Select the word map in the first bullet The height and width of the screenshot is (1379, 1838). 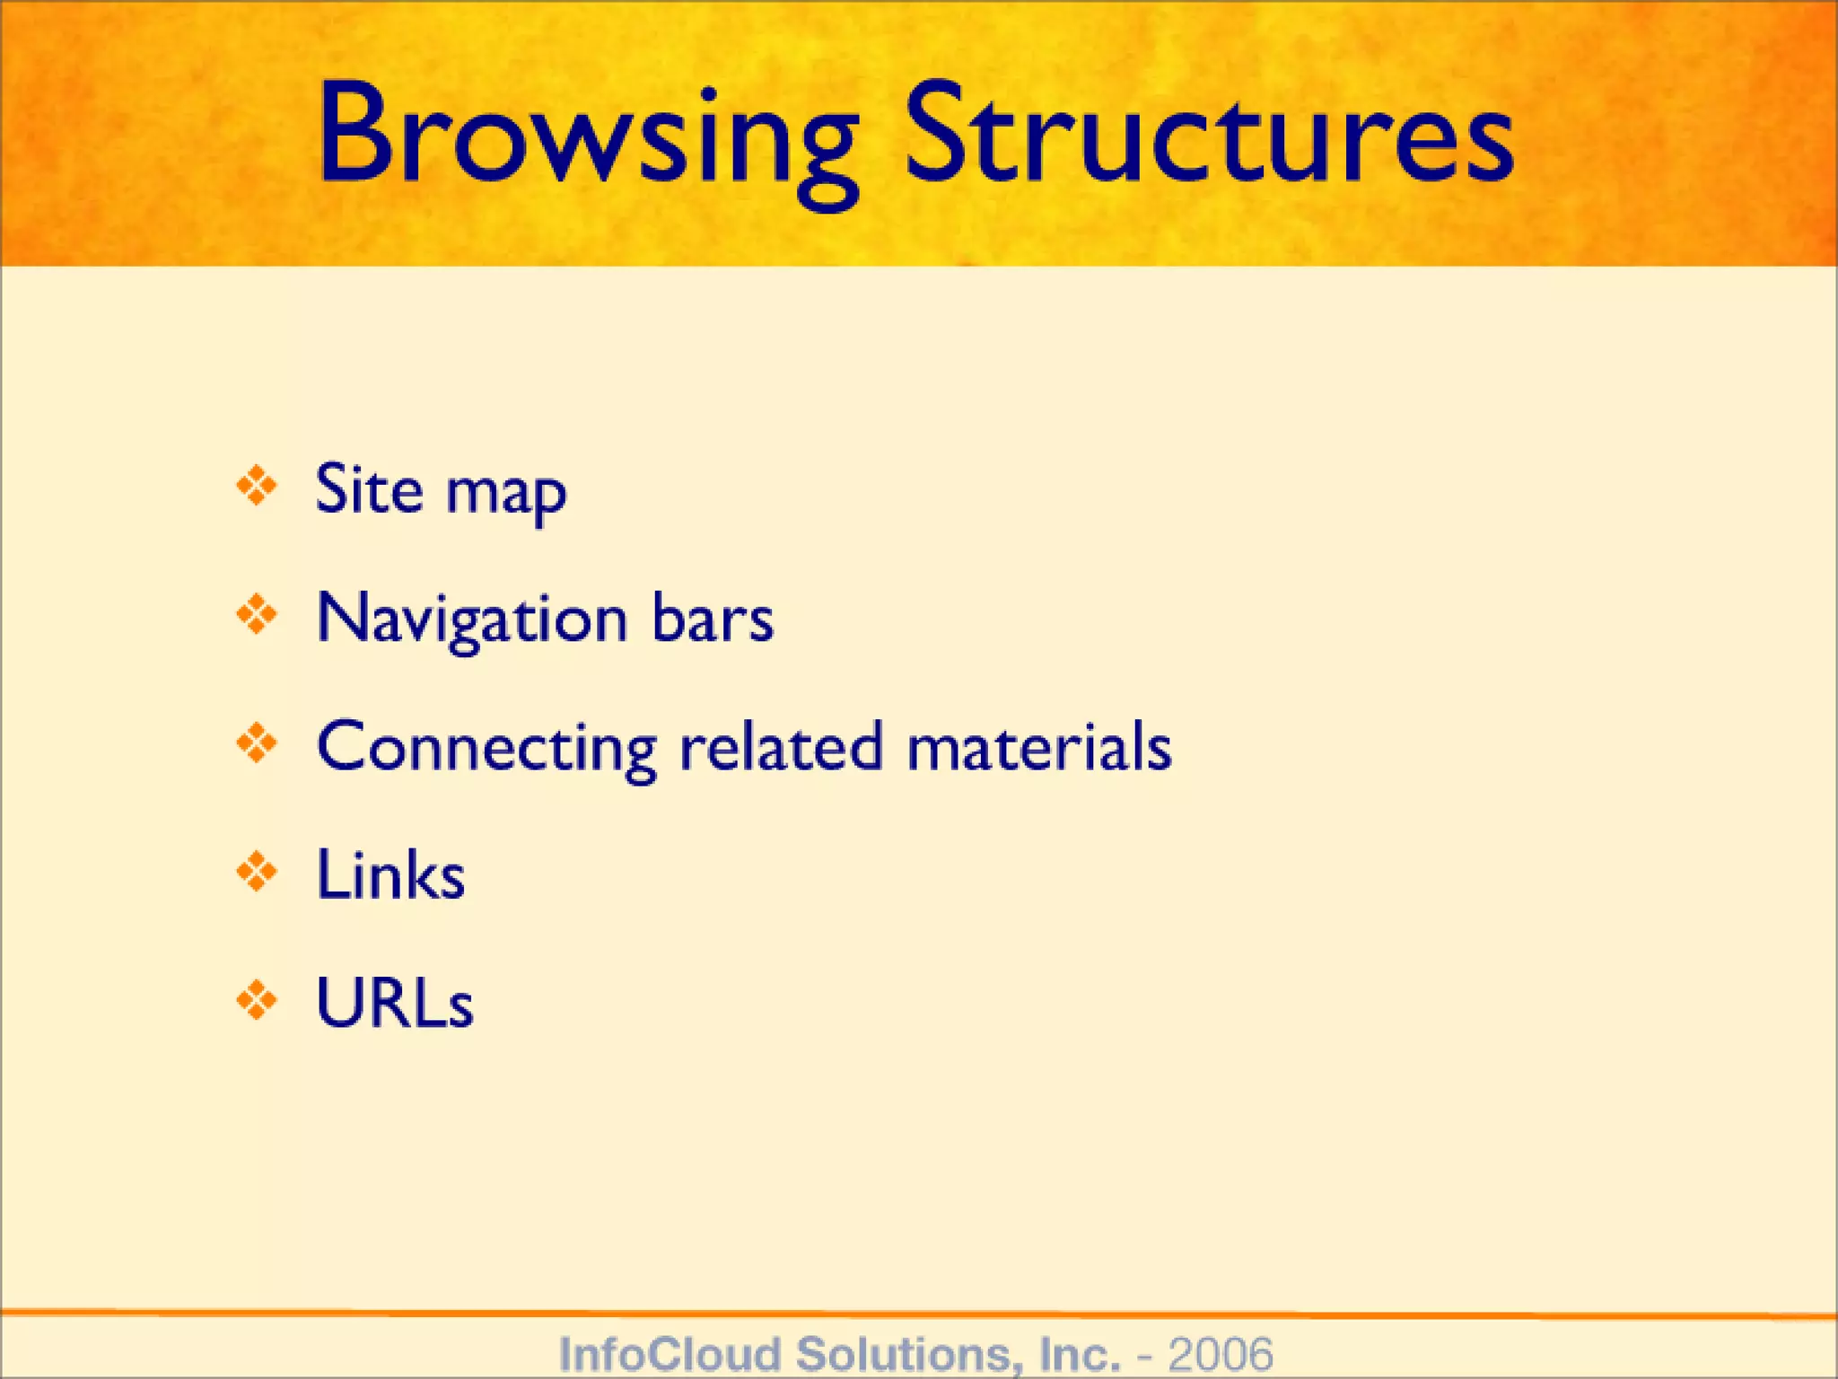506,496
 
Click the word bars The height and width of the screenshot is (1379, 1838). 713,619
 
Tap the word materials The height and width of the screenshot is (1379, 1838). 1039,747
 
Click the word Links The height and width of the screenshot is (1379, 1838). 391,874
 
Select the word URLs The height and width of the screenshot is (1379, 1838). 395,1003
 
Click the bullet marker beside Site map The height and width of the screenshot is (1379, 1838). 257,486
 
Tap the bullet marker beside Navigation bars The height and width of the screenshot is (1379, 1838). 257,615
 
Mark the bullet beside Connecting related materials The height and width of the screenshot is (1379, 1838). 257,743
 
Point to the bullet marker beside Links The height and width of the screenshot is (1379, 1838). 257,872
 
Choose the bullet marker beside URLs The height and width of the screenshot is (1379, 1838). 257,1000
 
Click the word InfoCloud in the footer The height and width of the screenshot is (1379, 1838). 670,1353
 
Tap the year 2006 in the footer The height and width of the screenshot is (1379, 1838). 1221,1353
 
